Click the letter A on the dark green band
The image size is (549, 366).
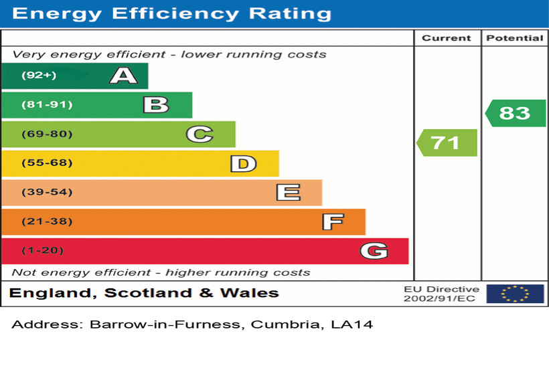pos(123,76)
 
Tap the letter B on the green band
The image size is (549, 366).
pos(155,105)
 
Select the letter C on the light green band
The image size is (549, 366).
pos(200,134)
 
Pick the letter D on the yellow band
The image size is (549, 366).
pos(243,163)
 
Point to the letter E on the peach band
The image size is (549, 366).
pos(288,193)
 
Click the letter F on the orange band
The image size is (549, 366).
pos(332,221)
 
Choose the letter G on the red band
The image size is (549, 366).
pos(374,251)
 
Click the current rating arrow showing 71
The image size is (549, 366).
pos(447,143)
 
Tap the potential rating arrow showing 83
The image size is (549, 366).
pos(516,113)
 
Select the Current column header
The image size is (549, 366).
pos(447,38)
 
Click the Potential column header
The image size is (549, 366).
pos(514,38)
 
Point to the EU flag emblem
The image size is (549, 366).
pos(515,294)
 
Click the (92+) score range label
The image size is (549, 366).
pos(39,76)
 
